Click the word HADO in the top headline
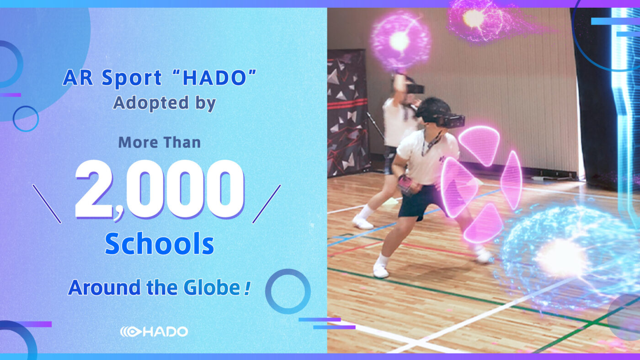pos(214,78)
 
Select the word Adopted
pos(151,103)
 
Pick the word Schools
pos(160,244)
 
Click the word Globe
pos(212,287)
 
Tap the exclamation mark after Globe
pos(247,288)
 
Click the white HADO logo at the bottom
pos(154,332)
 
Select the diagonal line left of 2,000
pos(47,204)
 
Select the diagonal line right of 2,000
pos(267,204)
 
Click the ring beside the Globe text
pos(288,270)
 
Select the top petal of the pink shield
pos(480,145)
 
